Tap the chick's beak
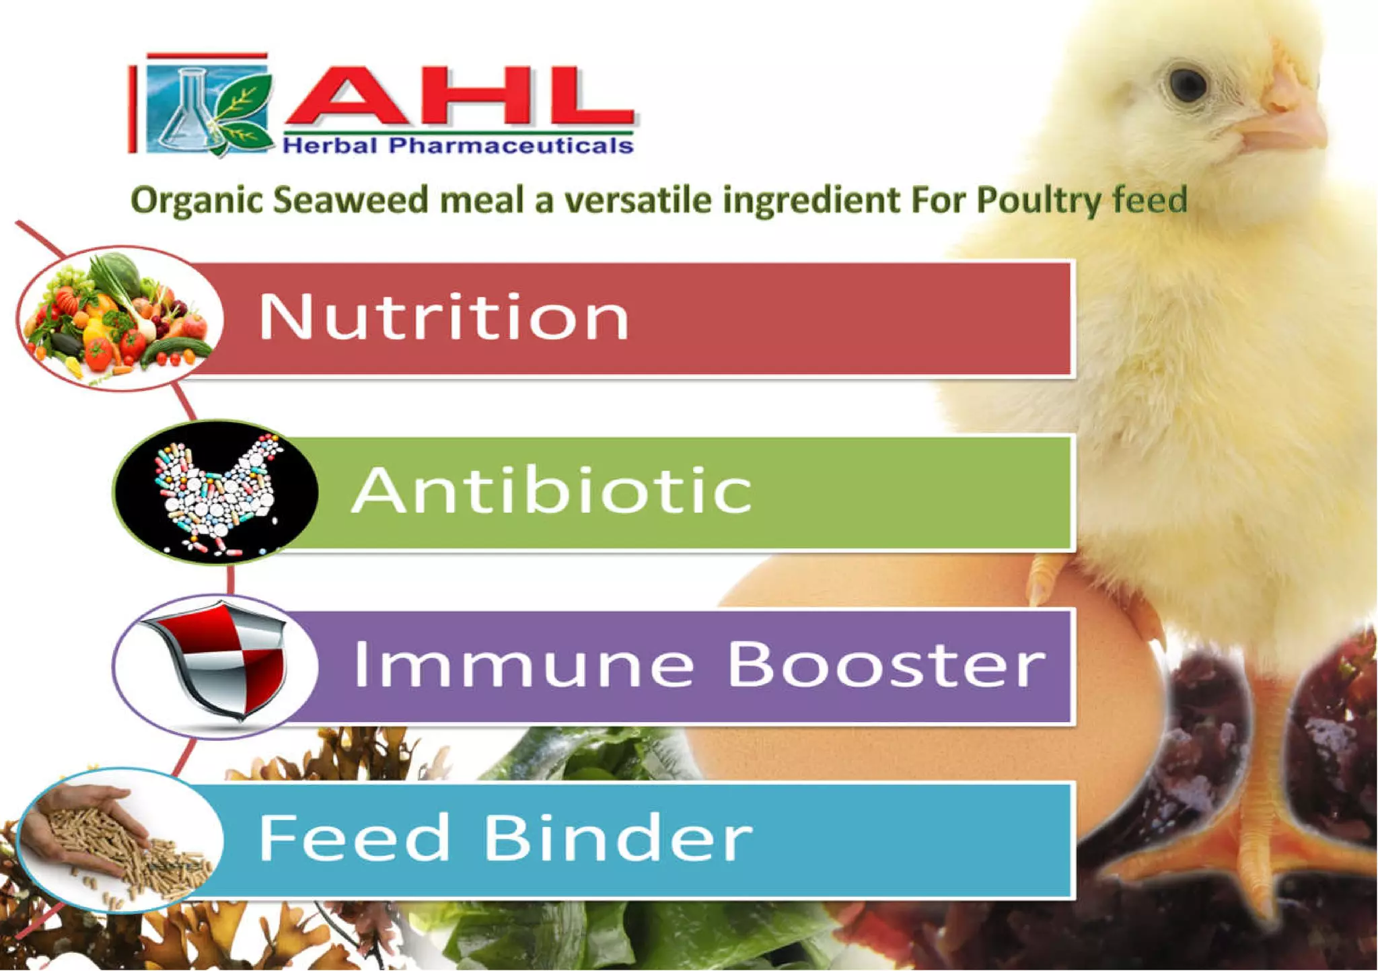1289,118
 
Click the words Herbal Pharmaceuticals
458,145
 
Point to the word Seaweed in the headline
350,200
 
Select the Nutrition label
443,317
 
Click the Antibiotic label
551,491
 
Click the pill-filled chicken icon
215,491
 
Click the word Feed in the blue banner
354,838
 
